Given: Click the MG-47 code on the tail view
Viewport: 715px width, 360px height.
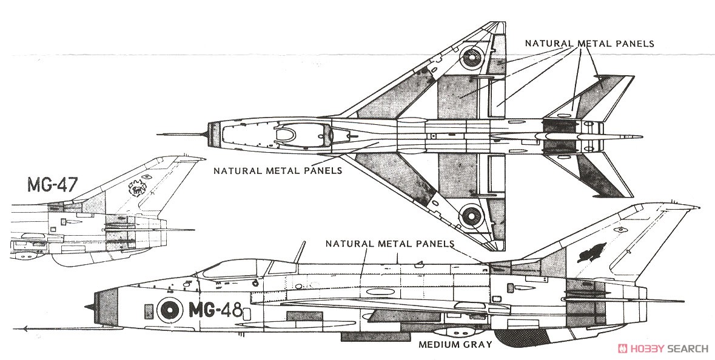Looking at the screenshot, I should coord(52,184).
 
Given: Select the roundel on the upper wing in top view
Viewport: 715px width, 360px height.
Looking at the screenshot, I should coord(473,58).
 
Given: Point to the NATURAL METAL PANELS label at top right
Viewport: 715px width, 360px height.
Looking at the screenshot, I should coord(589,44).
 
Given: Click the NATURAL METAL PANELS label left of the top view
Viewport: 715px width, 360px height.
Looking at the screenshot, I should coord(277,170).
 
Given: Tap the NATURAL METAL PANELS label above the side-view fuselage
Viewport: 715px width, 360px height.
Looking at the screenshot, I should coord(389,244).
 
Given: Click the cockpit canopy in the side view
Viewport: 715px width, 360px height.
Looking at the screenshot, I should coord(243,267).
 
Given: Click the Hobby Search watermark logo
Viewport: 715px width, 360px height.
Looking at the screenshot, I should coord(662,348).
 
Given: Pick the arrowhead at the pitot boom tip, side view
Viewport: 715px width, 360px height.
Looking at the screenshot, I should coord(24,328).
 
